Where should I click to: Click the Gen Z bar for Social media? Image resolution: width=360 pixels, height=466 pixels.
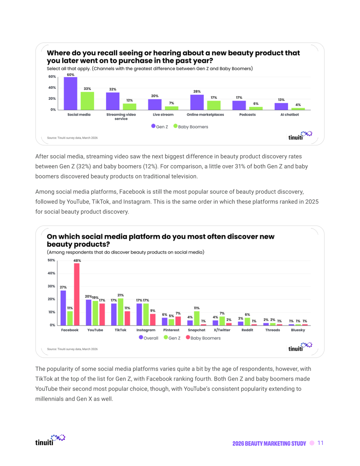tap(70, 94)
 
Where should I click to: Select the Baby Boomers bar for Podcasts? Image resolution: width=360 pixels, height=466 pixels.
tap(256, 108)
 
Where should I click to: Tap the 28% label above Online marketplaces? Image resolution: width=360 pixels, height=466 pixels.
tap(197, 92)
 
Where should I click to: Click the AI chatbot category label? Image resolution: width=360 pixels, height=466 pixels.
tap(290, 114)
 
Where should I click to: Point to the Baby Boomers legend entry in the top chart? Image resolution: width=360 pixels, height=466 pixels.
tap(191, 127)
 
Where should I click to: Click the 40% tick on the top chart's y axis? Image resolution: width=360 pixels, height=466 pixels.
tap(52, 88)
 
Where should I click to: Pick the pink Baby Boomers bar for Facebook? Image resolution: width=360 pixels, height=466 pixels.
tap(77, 294)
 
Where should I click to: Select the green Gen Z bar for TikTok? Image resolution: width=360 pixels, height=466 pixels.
tap(121, 312)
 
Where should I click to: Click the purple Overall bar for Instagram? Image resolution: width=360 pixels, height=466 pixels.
tap(139, 315)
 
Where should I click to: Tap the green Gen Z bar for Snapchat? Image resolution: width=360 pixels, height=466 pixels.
tap(196, 318)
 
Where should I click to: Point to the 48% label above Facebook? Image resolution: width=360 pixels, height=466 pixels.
tap(77, 261)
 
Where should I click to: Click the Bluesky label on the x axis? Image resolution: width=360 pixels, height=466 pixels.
tap(298, 330)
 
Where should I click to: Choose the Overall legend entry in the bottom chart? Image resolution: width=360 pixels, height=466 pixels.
tap(149, 338)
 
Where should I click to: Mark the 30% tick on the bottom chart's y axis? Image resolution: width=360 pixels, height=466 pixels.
tap(51, 286)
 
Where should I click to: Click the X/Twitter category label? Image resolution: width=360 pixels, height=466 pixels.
tap(222, 330)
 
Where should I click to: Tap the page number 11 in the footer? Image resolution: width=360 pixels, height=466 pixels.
tap(320, 443)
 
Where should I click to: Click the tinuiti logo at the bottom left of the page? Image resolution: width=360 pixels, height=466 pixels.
tap(50, 440)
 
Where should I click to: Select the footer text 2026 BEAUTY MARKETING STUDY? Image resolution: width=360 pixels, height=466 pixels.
tap(269, 443)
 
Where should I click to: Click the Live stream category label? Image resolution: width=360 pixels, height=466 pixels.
tap(163, 114)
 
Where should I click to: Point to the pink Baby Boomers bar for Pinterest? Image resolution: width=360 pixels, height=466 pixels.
tap(178, 321)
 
